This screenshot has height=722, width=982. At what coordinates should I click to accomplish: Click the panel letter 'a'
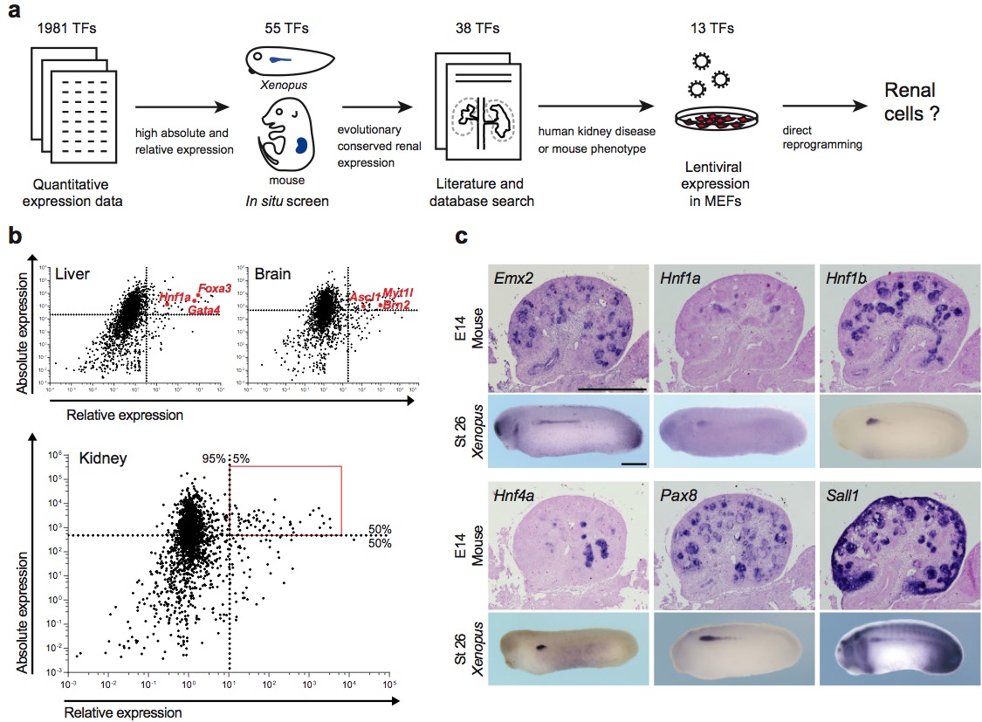pyautogui.click(x=14, y=14)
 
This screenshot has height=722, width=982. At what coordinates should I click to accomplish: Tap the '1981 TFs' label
pyautogui.click(x=67, y=29)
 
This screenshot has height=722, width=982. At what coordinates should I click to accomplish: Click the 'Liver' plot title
pyautogui.click(x=71, y=274)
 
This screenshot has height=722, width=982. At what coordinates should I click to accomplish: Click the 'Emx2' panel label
pyautogui.click(x=512, y=281)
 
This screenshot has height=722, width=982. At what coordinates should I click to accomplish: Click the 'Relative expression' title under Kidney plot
pyautogui.click(x=124, y=712)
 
